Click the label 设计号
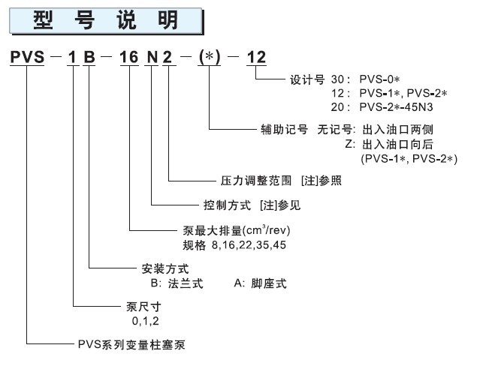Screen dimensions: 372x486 point(306,79)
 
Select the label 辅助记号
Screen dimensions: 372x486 point(281,129)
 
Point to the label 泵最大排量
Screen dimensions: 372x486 point(206,230)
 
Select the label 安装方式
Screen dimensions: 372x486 point(164,268)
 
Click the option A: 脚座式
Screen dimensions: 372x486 point(260,283)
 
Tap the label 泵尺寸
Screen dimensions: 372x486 point(140,307)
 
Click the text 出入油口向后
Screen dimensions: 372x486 point(397,143)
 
